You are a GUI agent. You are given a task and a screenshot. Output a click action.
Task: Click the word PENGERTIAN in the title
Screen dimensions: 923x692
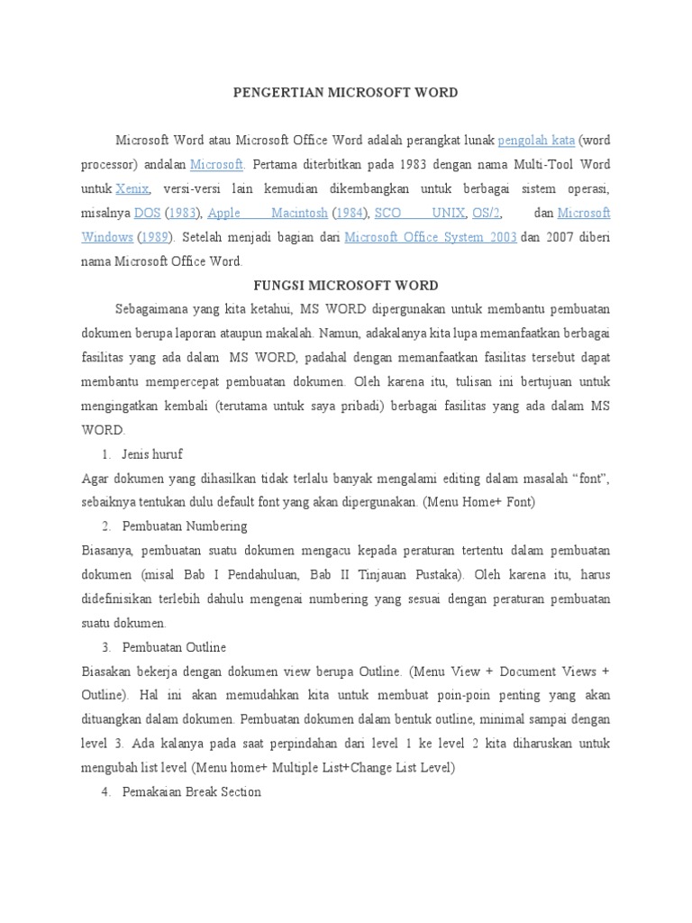[267, 93]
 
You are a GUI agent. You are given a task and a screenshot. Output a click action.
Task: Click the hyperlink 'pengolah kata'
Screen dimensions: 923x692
[536, 141]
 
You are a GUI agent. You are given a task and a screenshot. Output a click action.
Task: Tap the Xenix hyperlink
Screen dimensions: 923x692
[132, 189]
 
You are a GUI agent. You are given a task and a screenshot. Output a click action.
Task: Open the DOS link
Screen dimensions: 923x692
[146, 214]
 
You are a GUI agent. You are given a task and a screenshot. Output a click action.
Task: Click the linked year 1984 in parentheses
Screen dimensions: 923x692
[351, 214]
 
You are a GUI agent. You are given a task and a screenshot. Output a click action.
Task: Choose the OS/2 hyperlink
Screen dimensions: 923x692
[486, 214]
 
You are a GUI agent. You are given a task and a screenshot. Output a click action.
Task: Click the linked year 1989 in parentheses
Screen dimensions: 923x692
[157, 238]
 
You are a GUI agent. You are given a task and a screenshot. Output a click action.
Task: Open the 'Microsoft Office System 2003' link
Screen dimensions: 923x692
[430, 238]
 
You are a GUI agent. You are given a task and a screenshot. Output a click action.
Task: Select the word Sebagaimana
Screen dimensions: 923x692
[150, 310]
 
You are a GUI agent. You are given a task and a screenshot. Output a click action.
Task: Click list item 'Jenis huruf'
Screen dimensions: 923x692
[151, 454]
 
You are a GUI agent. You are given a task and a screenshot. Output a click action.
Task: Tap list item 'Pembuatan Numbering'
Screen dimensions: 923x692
[184, 526]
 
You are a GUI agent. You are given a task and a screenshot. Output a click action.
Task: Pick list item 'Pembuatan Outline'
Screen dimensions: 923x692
[174, 647]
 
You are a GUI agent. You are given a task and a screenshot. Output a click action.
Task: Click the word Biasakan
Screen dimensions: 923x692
[107, 672]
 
